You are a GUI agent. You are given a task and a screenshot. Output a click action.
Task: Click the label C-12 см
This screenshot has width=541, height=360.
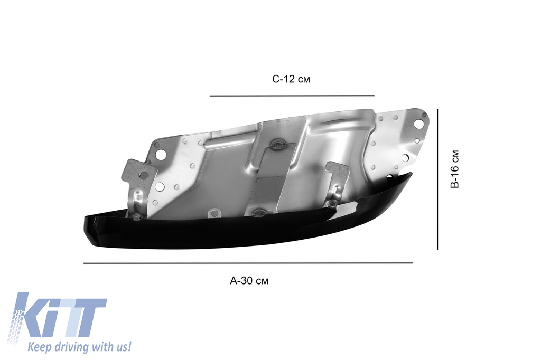tap(291, 79)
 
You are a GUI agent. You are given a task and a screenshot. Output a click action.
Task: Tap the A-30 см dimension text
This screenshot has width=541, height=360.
tap(249, 281)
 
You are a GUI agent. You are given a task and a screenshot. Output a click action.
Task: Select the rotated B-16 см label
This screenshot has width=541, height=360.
tap(455, 169)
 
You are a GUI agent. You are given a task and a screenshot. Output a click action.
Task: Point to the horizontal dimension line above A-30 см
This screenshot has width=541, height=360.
tap(248, 263)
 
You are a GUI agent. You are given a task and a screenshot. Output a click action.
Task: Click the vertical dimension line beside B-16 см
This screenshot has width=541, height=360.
tap(437, 179)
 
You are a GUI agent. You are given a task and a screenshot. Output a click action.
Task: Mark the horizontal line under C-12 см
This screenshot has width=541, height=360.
tap(292, 96)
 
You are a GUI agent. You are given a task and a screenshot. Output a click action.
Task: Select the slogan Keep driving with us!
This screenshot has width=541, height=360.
tap(79, 346)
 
